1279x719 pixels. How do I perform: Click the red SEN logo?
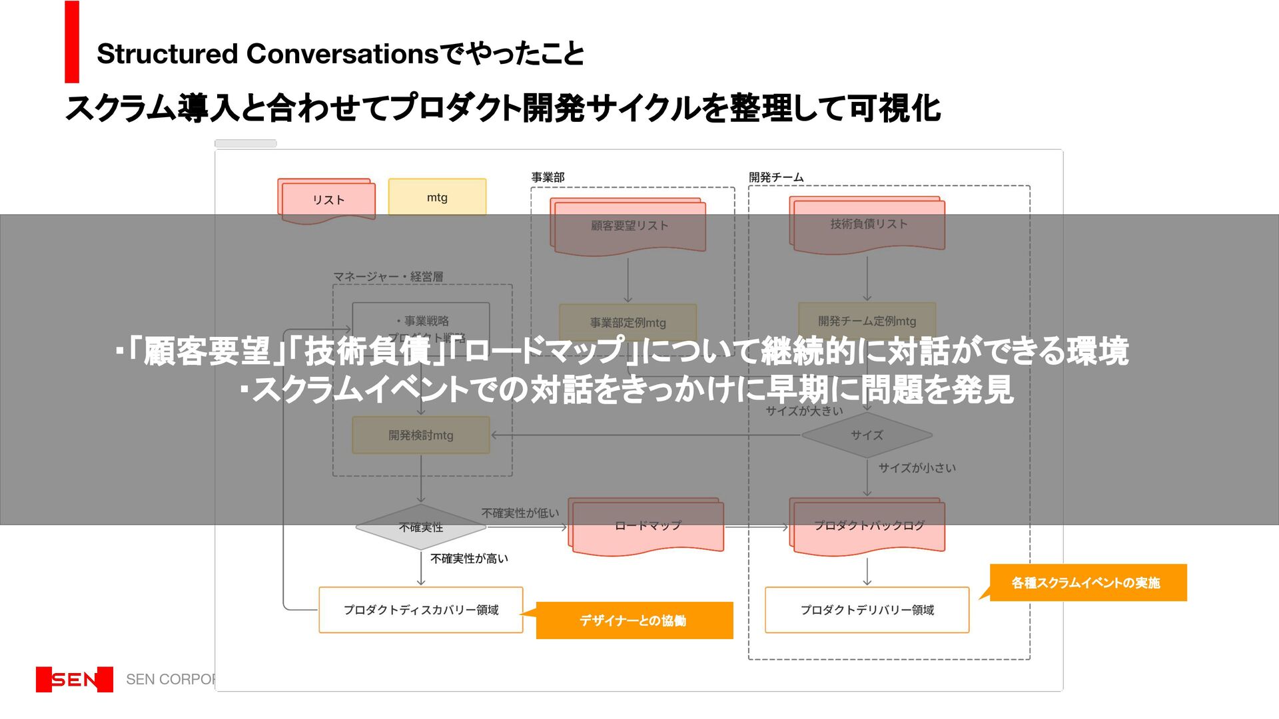[x=75, y=679]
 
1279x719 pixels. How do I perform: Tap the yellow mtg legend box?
[x=437, y=197]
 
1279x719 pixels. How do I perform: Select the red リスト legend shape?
[x=328, y=200]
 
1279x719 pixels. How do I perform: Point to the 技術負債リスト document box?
[x=868, y=224]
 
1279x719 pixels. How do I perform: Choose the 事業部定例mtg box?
[x=628, y=323]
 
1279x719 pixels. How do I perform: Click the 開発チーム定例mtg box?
[x=867, y=321]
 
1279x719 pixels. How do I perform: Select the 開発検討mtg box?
[x=420, y=435]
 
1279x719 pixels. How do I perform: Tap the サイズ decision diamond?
[x=866, y=435]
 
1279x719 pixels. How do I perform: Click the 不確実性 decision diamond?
[x=420, y=527]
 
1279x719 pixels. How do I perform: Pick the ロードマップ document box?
[x=647, y=526]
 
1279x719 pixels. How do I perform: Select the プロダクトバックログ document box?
[x=868, y=526]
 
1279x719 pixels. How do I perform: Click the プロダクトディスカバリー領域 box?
[x=420, y=610]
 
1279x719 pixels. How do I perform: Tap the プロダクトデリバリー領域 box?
[x=867, y=610]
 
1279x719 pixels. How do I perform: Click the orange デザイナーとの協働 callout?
[x=634, y=620]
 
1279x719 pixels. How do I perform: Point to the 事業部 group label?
[x=548, y=177]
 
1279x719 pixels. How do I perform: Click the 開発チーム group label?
[x=776, y=177]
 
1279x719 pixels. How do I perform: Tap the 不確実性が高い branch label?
[x=469, y=559]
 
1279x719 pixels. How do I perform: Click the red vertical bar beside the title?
[x=72, y=42]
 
